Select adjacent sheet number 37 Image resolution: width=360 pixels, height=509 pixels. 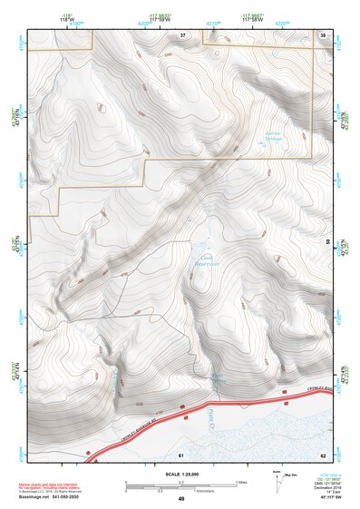[182, 34]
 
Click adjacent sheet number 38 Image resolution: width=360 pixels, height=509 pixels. [323, 34]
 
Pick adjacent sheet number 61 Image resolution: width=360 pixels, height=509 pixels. [181, 453]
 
